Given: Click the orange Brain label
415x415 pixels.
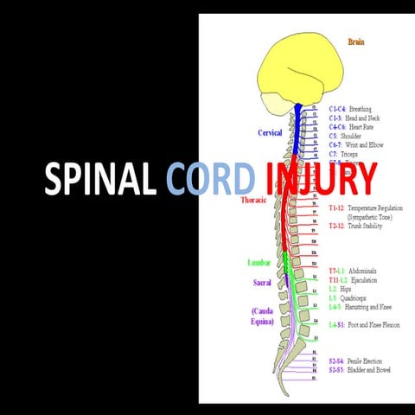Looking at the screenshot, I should coord(355,41).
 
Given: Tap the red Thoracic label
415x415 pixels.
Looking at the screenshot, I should coord(258,201).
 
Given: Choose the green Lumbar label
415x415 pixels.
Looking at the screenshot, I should coord(259,261).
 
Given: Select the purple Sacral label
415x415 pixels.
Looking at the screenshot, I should coord(261,282).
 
